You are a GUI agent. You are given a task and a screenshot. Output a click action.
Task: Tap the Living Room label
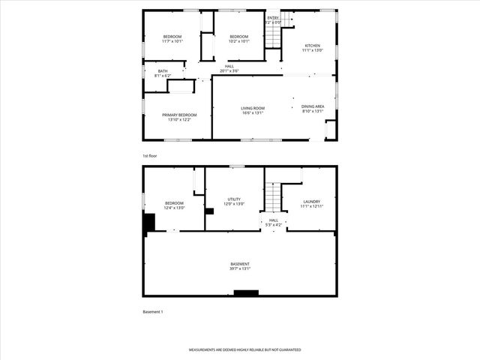point(253,110)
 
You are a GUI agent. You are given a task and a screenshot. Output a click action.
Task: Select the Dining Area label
point(313,109)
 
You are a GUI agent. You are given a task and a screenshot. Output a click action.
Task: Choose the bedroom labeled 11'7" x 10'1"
point(173,39)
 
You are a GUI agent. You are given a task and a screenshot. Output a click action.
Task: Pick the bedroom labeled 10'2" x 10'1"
point(238,39)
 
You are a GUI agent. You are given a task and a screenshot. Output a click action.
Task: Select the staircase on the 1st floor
point(286,19)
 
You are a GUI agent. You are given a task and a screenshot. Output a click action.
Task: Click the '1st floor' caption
point(150,155)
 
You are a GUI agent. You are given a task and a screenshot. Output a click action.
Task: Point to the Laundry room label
point(311,203)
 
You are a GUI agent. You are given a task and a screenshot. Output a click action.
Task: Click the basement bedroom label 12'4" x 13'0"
point(174,205)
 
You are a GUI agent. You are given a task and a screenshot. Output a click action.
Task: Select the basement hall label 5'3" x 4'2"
point(274,222)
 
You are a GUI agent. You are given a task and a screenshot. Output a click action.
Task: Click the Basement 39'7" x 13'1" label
point(240,266)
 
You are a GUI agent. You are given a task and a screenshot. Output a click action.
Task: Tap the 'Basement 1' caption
point(152,311)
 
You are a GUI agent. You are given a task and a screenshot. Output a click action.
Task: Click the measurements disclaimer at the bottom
point(244,350)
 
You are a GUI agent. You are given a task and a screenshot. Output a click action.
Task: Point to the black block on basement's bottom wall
point(246,292)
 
